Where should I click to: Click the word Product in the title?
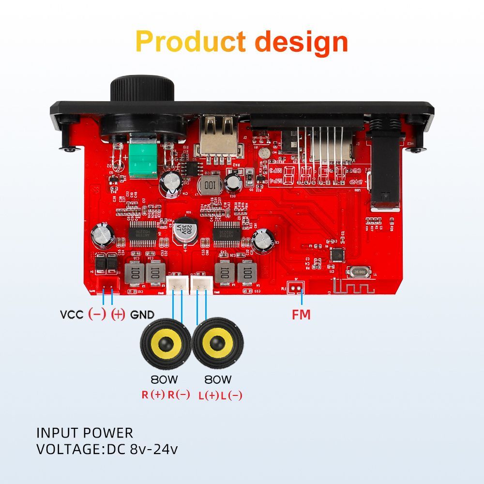coord(191,42)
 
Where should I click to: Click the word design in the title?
coord(301,42)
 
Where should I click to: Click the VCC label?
coord(72,315)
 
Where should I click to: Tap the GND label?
coord(142,315)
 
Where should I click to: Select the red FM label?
coord(301,315)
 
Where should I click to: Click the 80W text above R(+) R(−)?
coord(166,379)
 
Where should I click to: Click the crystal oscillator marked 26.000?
coord(360,272)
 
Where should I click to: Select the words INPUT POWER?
coord(85,433)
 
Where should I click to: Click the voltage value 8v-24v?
coord(154,449)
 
